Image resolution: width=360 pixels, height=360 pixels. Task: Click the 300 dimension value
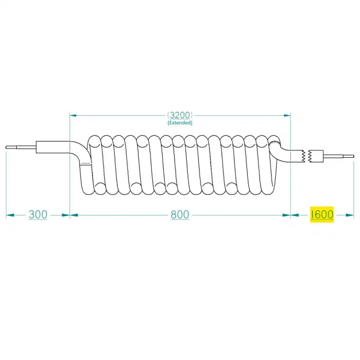tap(38, 214)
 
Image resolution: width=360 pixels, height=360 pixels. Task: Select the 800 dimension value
tap(179, 214)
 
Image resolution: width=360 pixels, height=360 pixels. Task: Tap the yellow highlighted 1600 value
tap(322, 214)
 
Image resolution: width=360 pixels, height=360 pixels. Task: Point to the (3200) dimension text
tap(179, 115)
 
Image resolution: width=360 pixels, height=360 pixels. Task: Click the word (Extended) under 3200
tap(179, 123)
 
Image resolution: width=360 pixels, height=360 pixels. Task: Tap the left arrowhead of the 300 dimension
tap(9, 215)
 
